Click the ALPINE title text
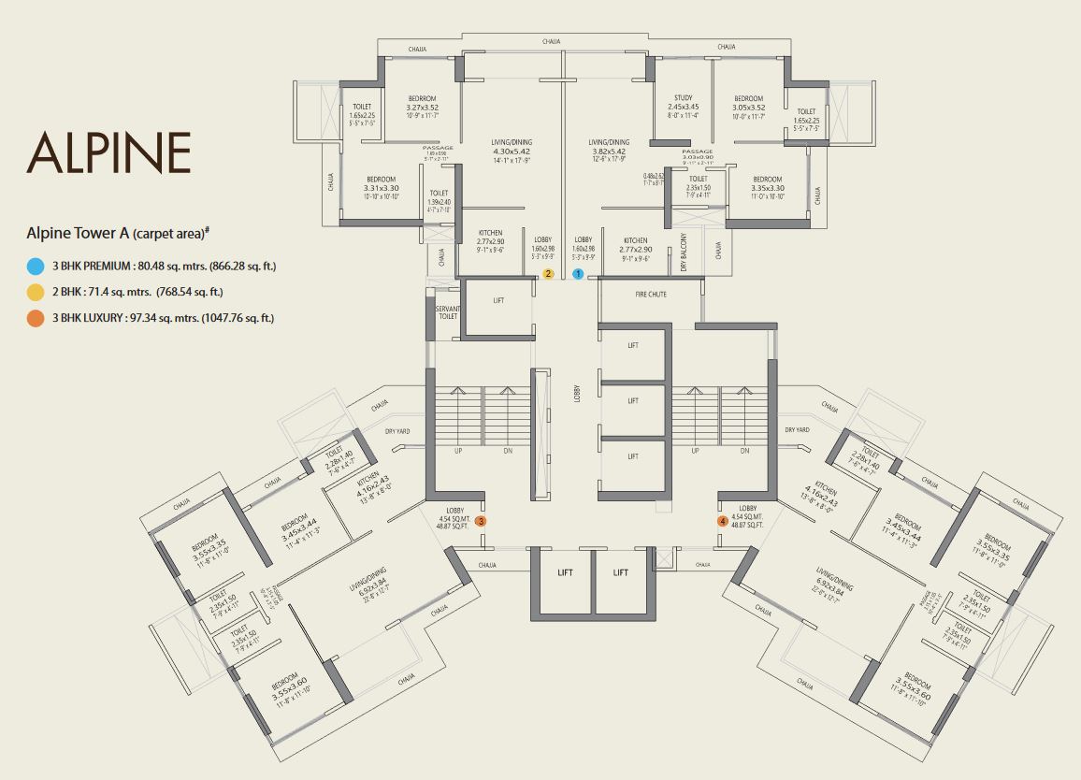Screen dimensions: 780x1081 click(x=108, y=152)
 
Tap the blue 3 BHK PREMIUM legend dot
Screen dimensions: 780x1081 click(x=36, y=266)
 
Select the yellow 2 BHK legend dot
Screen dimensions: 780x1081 click(x=36, y=292)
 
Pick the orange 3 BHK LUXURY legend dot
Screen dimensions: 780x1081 click(x=36, y=318)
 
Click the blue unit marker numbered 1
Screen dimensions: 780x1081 click(x=578, y=274)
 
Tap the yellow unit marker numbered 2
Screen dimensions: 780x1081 click(x=549, y=274)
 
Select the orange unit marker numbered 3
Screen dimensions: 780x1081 click(x=481, y=521)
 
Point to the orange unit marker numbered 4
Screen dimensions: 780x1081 click(x=722, y=521)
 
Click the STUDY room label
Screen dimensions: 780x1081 click(x=683, y=98)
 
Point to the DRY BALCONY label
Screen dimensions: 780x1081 click(x=684, y=252)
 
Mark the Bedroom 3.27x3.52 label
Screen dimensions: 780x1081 click(x=422, y=98)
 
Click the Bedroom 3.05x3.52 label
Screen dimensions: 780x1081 click(x=749, y=98)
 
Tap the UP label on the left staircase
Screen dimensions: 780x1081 click(x=457, y=451)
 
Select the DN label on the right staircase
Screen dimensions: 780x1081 click(x=744, y=451)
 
